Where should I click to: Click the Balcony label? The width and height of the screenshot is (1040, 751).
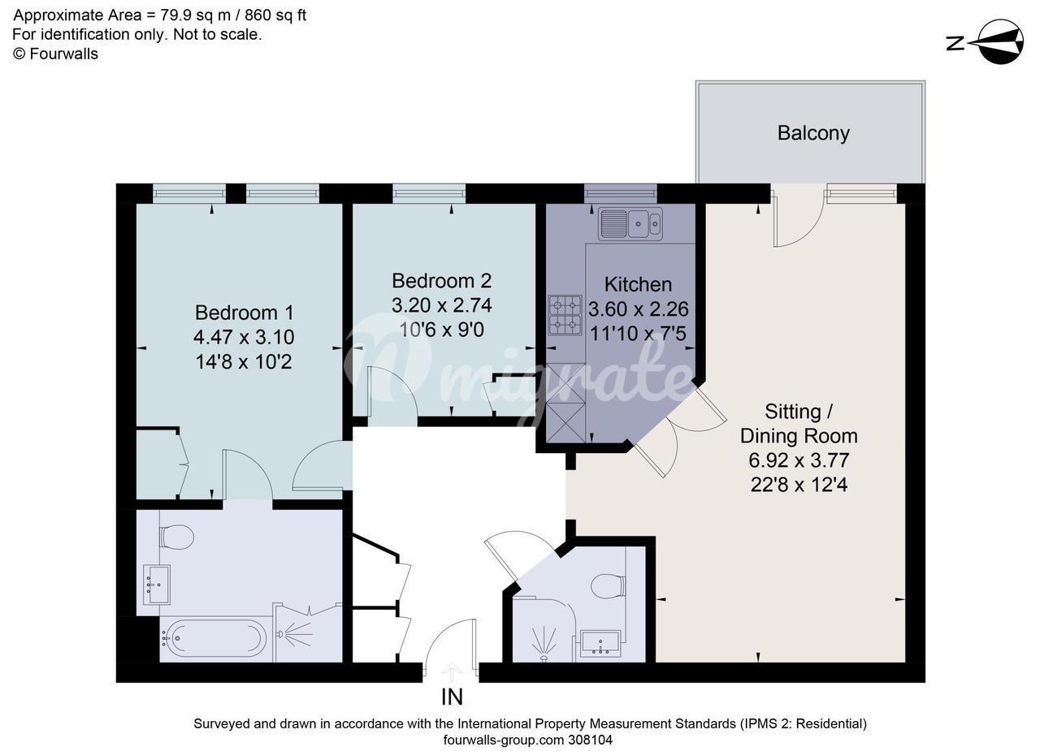pyautogui.click(x=813, y=134)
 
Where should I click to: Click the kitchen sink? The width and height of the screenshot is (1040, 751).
pyautogui.click(x=630, y=224)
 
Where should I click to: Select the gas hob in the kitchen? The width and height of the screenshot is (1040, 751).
pyautogui.click(x=565, y=315)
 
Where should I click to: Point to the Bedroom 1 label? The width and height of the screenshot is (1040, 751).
pyautogui.click(x=245, y=313)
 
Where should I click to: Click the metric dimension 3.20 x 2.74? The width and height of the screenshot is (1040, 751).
pyautogui.click(x=441, y=305)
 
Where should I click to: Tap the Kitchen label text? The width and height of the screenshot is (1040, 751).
pyautogui.click(x=638, y=284)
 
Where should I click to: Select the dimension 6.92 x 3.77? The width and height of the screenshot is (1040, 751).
pyautogui.click(x=799, y=460)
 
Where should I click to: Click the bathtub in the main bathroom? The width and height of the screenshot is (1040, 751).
pyautogui.click(x=213, y=639)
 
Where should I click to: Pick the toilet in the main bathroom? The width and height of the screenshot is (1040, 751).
pyautogui.click(x=176, y=537)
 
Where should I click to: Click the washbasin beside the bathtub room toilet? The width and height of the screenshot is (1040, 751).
pyautogui.click(x=157, y=585)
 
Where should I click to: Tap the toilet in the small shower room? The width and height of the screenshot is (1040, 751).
pyautogui.click(x=608, y=586)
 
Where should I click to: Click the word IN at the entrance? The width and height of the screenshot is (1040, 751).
pyautogui.click(x=452, y=697)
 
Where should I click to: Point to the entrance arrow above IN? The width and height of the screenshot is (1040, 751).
pyautogui.click(x=452, y=672)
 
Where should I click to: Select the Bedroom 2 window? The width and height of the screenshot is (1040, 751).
pyautogui.click(x=429, y=193)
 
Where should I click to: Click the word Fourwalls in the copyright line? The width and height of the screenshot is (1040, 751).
pyautogui.click(x=63, y=54)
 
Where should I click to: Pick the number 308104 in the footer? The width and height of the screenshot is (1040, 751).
pyautogui.click(x=590, y=740)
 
